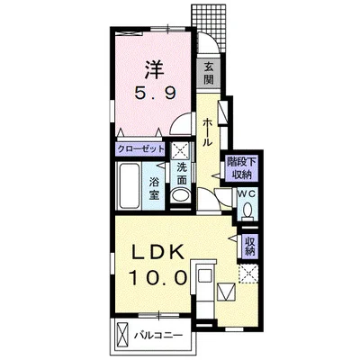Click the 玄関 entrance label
click(x=209, y=73)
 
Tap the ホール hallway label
click(x=207, y=132)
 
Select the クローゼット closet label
click(x=140, y=149)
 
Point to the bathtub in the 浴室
click(x=129, y=185)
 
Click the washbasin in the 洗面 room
click(x=180, y=196)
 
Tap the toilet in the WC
click(x=247, y=211)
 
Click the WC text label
click(x=247, y=194)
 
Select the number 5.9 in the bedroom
click(x=155, y=94)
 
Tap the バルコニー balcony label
click(x=157, y=335)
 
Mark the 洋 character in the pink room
click(x=155, y=70)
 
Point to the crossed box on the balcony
click(x=122, y=335)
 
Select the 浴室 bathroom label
click(x=154, y=188)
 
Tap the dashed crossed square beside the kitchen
click(x=248, y=274)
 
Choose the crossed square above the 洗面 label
click(x=181, y=150)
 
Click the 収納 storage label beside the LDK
click(x=249, y=246)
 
